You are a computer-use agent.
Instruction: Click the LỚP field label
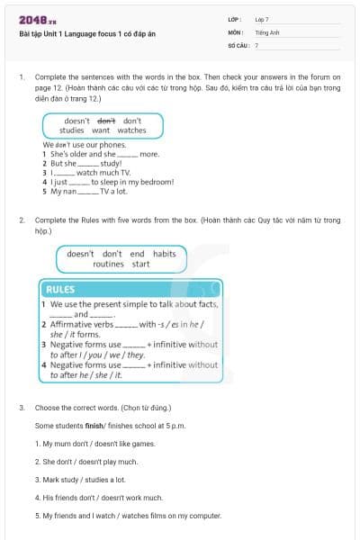[235, 19]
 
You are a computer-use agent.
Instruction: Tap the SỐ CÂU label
[238, 44]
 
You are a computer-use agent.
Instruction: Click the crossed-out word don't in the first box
[106, 121]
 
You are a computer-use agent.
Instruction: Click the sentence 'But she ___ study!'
[82, 163]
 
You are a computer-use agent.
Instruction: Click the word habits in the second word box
[164, 254]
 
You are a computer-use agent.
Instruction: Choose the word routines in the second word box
[108, 265]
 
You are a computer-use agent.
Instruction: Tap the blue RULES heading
[60, 290]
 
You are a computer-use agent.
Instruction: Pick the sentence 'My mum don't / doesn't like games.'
[94, 443]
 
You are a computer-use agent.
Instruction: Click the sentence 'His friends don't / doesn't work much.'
[98, 497]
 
